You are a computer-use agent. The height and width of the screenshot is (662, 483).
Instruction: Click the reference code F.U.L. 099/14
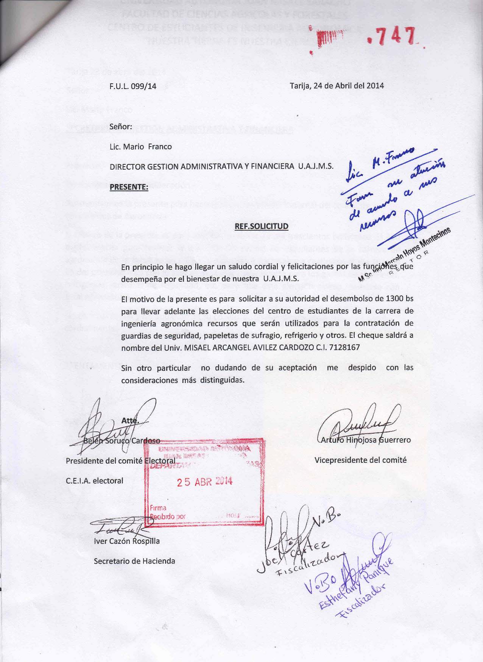coord(132,86)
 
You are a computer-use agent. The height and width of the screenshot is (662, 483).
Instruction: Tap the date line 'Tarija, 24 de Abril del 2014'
coord(337,86)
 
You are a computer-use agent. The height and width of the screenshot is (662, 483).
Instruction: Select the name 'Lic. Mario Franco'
coord(140,147)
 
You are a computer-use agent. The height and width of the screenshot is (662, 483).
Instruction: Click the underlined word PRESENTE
coord(128,187)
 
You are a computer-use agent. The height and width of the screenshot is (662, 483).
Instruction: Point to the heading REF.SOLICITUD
coord(262,226)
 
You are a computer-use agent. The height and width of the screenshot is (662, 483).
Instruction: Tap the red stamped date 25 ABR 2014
coord(205,482)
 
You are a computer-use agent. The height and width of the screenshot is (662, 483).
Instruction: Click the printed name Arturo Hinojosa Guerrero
coord(366,440)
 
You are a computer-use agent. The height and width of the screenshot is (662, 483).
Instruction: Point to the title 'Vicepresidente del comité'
coord(360,460)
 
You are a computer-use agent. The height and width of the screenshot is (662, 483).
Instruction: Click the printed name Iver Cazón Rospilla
coord(127,541)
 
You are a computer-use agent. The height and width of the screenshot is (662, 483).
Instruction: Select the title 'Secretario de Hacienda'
coord(134,561)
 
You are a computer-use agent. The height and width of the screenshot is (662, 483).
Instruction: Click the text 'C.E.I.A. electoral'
coord(95,481)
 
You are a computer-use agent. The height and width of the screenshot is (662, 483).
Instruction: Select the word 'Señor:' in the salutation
coord(121,126)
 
